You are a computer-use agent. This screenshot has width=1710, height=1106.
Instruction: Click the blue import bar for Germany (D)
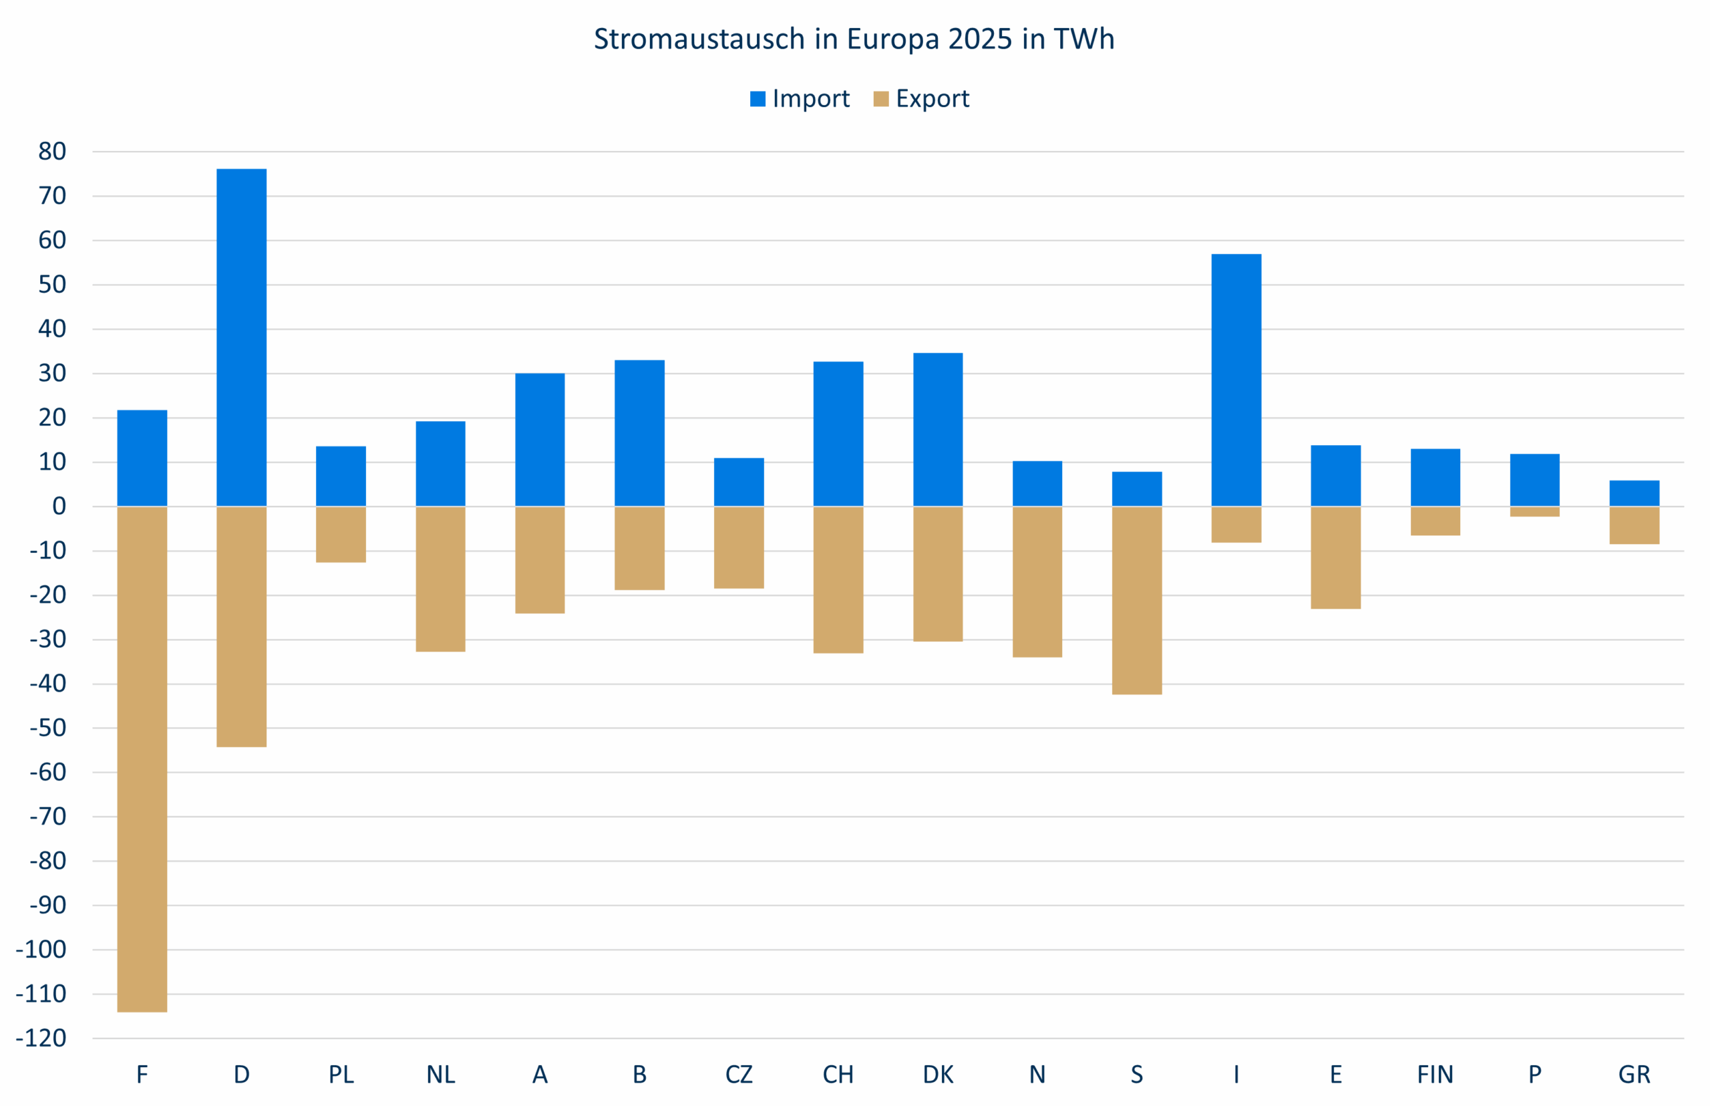coord(241,337)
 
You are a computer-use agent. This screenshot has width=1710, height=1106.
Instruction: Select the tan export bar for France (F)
coord(142,759)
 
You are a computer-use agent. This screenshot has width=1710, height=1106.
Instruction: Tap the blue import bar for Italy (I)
coord(1236,380)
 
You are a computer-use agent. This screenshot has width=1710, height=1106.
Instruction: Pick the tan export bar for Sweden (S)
coord(1136,600)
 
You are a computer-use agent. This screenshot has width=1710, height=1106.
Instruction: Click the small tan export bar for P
coord(1534,511)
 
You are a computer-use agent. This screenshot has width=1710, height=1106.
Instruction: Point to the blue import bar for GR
coord(1634,493)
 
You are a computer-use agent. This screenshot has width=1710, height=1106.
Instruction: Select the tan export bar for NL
coord(440,579)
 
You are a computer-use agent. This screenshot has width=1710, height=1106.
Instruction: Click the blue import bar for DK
coord(938,430)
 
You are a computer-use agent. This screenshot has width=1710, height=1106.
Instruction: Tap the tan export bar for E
coord(1335,557)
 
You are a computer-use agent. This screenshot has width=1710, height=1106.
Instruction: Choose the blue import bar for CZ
coord(739,482)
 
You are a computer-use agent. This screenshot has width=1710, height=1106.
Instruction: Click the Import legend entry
coord(800,98)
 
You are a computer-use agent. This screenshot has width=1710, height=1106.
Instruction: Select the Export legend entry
coord(922,98)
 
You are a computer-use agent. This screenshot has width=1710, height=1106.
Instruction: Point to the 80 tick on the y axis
coord(51,152)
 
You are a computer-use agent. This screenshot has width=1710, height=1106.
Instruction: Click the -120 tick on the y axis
coord(41,1038)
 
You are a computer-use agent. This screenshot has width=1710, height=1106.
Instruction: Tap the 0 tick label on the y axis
coord(59,507)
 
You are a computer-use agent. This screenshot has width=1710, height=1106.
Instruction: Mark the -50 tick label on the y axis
coord(48,728)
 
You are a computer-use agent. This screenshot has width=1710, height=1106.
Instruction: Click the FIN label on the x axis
coord(1434,1075)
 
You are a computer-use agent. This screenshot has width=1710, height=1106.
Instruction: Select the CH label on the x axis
coord(838,1075)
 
